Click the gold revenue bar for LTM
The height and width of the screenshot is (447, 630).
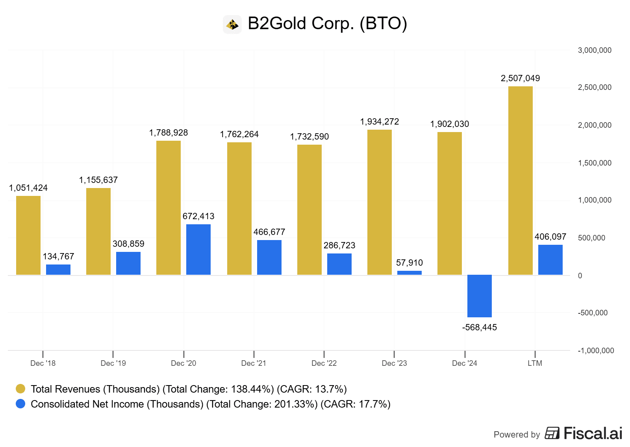520,181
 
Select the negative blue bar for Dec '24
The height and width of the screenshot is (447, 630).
479,296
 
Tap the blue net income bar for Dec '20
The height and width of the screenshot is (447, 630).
198,249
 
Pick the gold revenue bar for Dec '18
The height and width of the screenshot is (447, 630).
28,235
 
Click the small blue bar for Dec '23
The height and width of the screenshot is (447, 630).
409,273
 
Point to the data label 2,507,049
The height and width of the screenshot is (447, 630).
520,78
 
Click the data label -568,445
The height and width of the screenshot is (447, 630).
479,327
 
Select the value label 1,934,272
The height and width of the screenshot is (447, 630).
379,121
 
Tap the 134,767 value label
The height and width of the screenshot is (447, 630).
58,256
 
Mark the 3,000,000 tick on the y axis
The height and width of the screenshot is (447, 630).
594,50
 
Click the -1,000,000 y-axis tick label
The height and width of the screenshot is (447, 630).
595,350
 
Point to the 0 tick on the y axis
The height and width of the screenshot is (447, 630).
580,276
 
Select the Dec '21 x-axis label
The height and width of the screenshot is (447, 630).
254,363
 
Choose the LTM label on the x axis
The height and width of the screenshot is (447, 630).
535,363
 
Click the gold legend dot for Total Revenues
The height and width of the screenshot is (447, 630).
20,389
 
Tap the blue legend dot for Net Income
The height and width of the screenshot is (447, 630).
20,404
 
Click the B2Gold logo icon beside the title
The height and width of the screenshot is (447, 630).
232,24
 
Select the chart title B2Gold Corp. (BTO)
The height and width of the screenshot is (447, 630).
327,23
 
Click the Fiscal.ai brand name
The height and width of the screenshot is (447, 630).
593,433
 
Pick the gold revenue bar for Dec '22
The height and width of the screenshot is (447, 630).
309,210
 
